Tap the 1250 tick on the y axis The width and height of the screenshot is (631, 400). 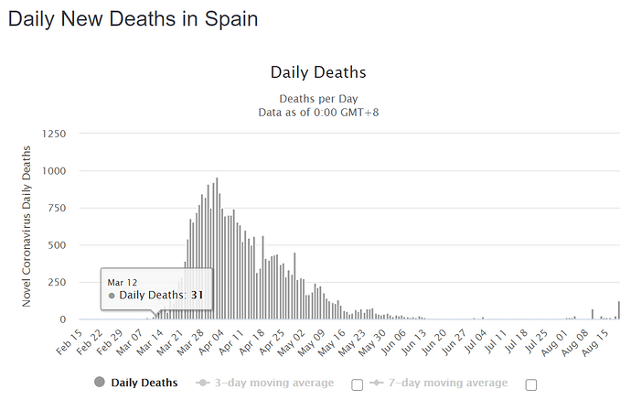(x=52, y=134)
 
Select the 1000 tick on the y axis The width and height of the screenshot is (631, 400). (x=52, y=171)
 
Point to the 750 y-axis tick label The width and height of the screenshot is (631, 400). (x=55, y=208)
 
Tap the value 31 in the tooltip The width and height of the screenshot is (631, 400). (x=196, y=295)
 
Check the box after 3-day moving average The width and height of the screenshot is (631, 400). (x=358, y=384)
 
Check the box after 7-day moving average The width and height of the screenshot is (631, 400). (x=531, y=384)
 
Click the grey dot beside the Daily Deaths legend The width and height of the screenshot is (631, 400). (x=99, y=383)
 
